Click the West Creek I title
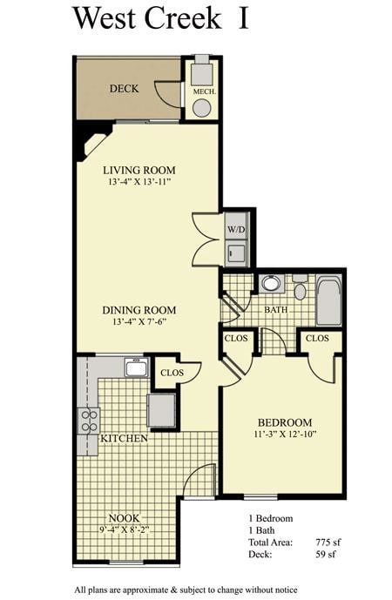160,18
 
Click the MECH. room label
202,91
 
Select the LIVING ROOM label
139,170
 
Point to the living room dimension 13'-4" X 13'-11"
139,183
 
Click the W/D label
235,230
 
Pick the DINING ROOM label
139,310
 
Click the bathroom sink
270,283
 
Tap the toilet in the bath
300,288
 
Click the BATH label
276,309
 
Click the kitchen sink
137,367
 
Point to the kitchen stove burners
90,421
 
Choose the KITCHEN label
124,438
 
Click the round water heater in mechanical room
201,108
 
